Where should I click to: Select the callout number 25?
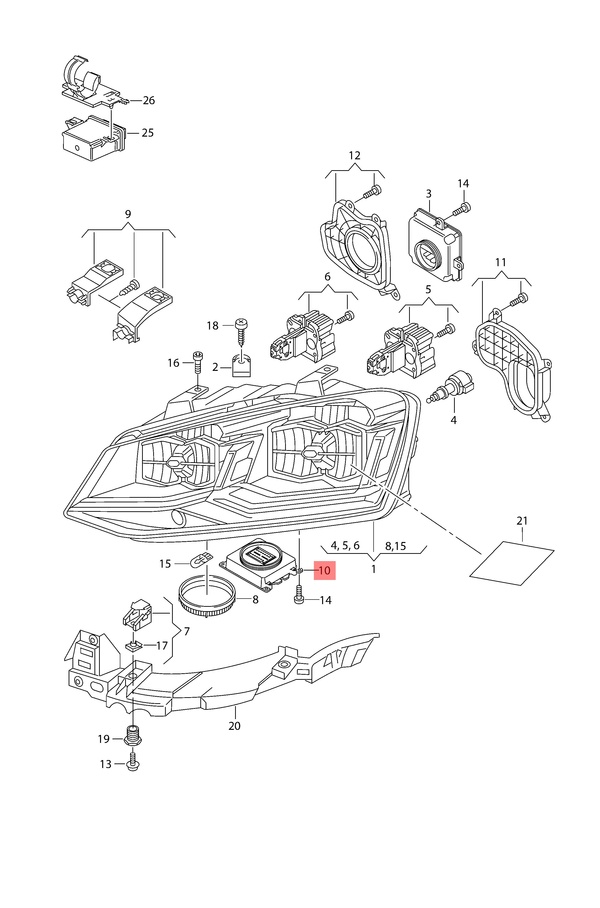tap(148, 133)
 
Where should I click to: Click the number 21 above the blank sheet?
tap(522, 521)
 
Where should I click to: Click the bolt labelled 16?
tap(198, 362)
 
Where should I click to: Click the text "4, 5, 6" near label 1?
tap(345, 545)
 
